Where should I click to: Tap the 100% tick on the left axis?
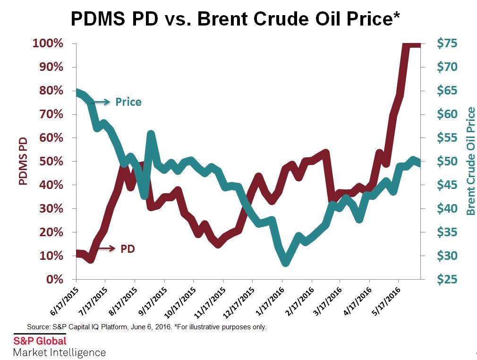point(48,44)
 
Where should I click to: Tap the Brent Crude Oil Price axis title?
point(470,162)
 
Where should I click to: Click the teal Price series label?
point(128,102)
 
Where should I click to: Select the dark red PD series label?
point(128,249)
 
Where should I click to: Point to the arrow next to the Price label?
point(101,101)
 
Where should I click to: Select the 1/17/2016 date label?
point(269,300)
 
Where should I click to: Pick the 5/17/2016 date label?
point(386,300)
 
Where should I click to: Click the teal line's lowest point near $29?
point(285,263)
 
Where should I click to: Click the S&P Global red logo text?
point(40,341)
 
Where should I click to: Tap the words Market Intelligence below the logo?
point(60,352)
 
